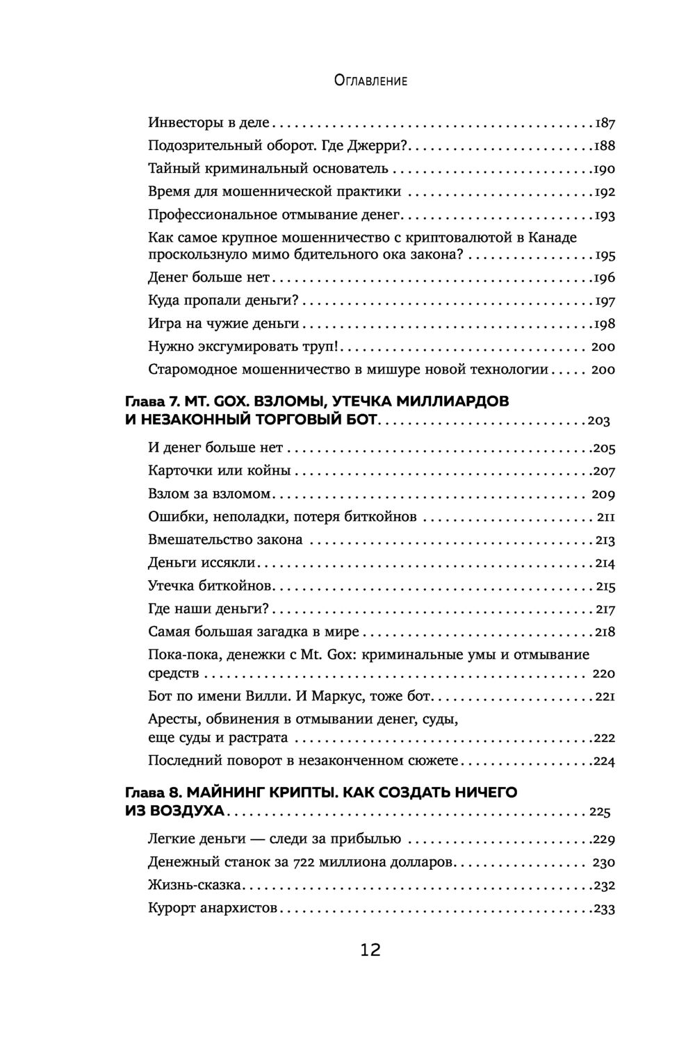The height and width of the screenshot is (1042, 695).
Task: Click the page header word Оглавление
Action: (370, 81)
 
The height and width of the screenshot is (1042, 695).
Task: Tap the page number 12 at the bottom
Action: (370, 950)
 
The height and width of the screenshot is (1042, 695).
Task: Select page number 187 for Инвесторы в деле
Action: (605, 124)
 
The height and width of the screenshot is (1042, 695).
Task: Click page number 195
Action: (605, 256)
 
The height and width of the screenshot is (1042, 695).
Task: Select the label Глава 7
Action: (152, 402)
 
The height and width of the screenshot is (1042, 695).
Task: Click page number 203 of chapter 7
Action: (598, 421)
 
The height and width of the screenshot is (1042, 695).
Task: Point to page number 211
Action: (606, 518)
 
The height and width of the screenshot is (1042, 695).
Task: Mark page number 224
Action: (603, 761)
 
